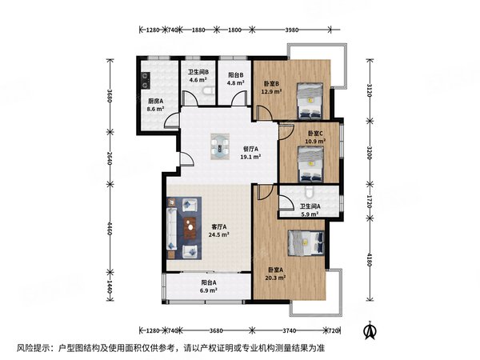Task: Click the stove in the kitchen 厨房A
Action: pos(145,80)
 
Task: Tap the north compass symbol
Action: pos(370,330)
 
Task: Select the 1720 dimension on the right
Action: pos(370,202)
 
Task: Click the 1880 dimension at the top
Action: pos(198,30)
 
